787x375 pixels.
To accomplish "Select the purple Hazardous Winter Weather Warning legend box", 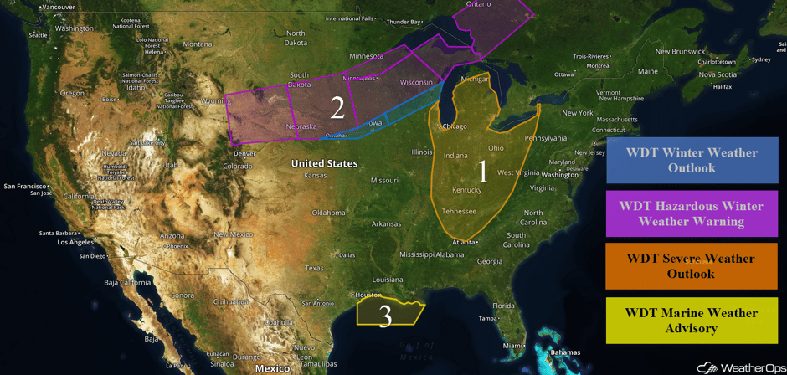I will coord(691,213).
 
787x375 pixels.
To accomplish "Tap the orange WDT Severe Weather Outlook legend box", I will coord(691,266).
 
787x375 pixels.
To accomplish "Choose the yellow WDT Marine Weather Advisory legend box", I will coord(691,320).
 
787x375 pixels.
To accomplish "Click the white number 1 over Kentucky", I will coord(482,172).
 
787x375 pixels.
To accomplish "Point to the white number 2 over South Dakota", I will coord(337,107).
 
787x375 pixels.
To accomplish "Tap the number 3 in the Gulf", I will coord(385,316).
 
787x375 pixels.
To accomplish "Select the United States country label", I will coord(324,163).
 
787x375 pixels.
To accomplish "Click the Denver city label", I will coord(245,154).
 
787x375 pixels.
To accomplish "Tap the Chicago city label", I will coord(455,126).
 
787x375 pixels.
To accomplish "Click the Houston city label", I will coord(368,295).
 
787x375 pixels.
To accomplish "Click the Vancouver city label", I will coord(59,7).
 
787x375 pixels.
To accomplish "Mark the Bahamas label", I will coord(565,352).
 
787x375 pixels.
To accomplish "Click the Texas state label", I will coord(314,268).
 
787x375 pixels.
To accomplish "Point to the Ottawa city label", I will coord(564,74).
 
